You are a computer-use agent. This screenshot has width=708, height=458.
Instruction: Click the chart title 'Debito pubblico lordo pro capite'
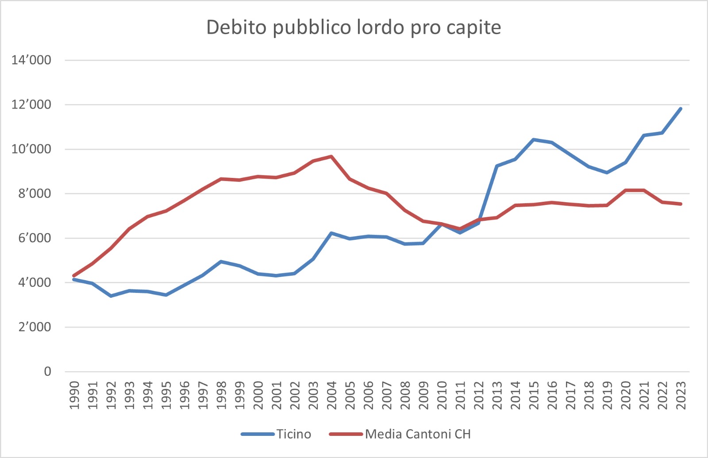354,27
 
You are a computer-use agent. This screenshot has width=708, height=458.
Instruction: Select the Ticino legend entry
293,434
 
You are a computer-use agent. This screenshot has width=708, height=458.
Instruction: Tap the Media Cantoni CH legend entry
417,434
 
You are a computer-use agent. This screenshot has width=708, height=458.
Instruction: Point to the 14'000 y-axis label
31,60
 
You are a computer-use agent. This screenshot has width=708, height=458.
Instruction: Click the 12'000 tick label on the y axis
31,105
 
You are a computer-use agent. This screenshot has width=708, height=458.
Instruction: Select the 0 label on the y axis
47,372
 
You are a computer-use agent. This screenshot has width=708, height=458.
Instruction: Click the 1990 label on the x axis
74,395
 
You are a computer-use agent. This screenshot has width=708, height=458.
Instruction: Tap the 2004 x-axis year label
331,395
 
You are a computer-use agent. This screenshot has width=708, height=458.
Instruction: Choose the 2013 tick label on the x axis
497,395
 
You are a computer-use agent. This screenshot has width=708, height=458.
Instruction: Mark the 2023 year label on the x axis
681,395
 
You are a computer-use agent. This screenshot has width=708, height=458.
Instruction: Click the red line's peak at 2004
331,156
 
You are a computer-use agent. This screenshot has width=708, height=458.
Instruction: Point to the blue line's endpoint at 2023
681,108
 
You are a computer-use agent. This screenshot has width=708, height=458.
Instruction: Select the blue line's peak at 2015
534,139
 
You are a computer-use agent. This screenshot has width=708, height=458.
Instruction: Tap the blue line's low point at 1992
111,296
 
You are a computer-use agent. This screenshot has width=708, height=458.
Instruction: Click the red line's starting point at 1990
74,276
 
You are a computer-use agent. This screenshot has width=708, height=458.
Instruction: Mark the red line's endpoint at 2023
681,204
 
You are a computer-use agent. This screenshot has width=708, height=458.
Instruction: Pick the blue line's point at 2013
497,166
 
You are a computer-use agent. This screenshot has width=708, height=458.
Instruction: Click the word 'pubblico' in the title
311,27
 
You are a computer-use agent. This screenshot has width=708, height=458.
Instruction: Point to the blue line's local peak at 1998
221,262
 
